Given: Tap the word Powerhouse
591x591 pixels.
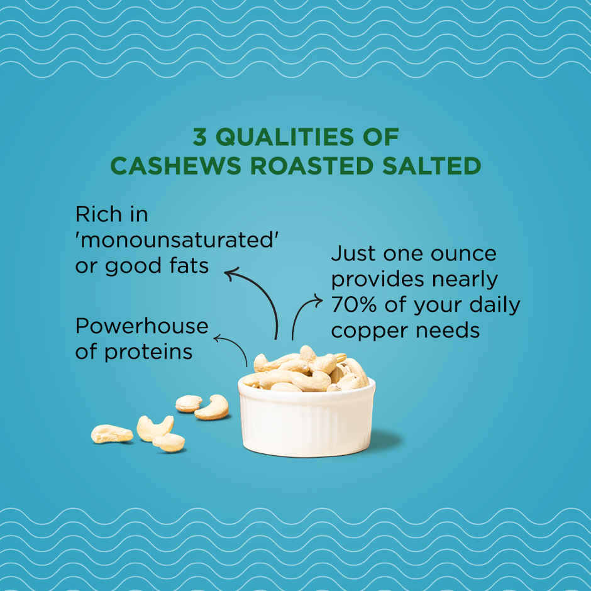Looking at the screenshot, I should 141,326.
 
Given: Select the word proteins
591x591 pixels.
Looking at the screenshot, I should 148,351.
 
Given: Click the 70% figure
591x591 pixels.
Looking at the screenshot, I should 353,305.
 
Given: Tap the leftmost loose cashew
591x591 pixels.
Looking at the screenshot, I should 112,434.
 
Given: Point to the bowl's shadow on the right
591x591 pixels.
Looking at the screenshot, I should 387,440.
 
